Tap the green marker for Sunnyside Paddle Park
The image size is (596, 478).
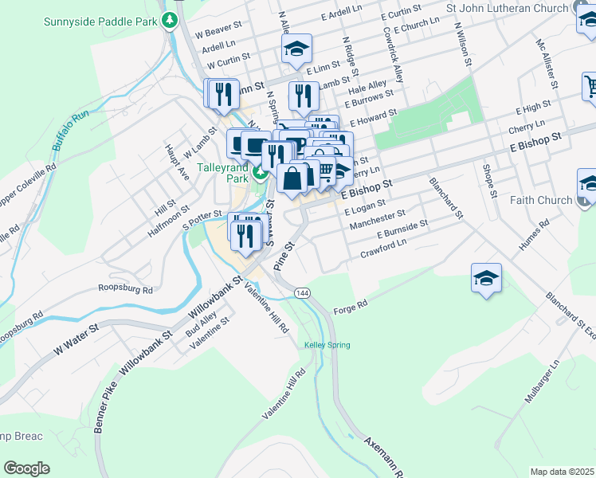(169, 21)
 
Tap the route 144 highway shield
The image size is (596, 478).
(301, 293)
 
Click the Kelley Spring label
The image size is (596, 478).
(327, 345)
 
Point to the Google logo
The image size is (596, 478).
(26, 468)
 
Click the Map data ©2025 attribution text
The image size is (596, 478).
(562, 472)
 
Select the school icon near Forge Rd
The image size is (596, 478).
(486, 279)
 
